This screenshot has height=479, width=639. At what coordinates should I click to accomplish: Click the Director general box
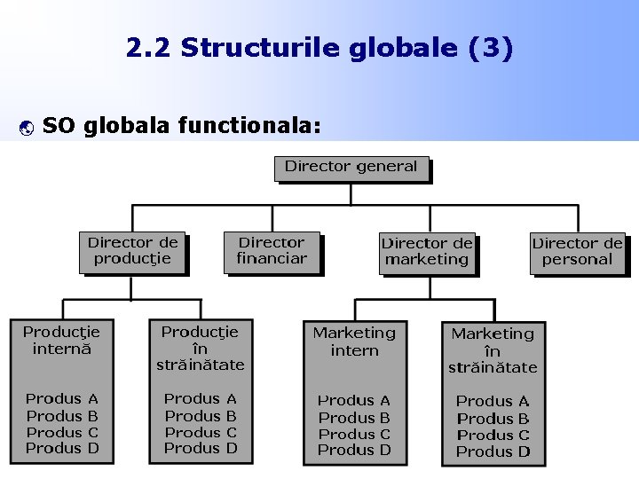(351, 167)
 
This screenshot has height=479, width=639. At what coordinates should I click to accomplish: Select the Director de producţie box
(132, 251)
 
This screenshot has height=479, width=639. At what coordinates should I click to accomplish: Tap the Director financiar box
(272, 251)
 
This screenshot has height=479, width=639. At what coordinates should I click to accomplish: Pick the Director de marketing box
(427, 252)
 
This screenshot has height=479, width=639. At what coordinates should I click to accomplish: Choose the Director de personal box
(577, 252)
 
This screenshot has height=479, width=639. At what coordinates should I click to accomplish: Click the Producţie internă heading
(61, 341)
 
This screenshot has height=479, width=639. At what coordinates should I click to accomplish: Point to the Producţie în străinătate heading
(200, 348)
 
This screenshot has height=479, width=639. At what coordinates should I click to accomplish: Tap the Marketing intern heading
(354, 342)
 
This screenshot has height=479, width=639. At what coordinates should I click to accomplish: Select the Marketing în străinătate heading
(493, 350)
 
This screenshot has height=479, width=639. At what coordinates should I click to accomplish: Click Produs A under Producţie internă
(62, 399)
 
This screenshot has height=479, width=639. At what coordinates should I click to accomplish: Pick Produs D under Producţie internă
(62, 449)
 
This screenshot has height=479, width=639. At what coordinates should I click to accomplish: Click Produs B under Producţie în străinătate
(201, 416)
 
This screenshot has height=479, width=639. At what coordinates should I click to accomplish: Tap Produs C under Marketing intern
(354, 435)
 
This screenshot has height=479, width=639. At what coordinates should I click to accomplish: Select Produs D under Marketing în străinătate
(493, 452)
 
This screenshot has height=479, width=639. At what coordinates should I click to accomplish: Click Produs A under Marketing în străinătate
(493, 402)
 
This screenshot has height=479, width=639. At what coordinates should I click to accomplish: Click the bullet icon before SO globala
(25, 128)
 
